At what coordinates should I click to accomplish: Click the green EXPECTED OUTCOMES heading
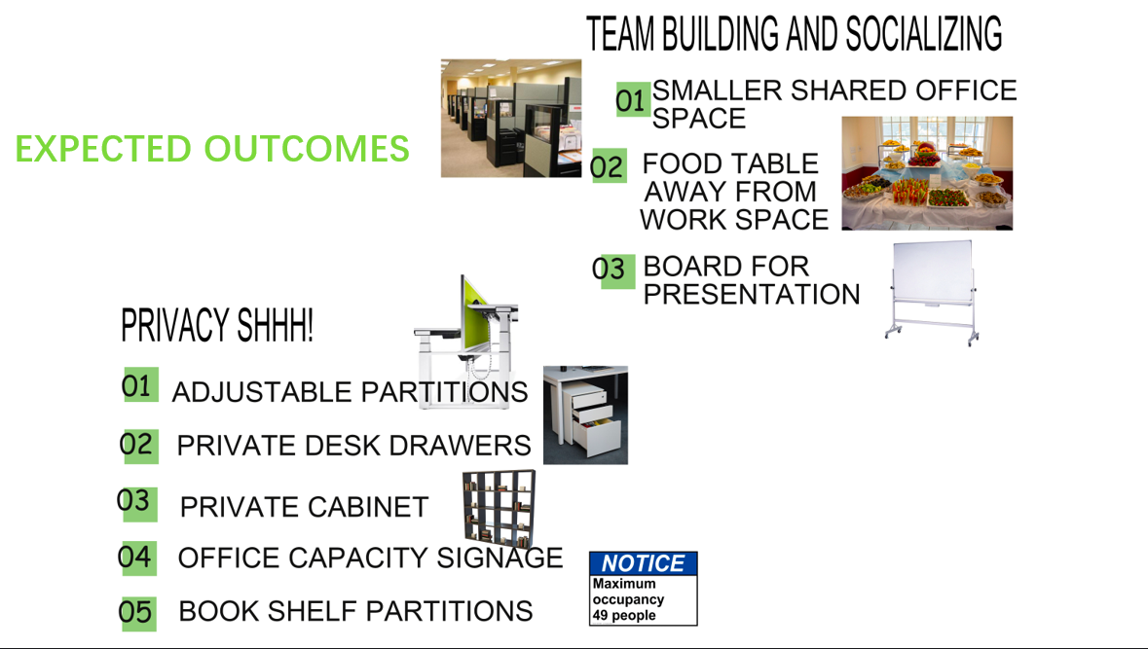(x=212, y=149)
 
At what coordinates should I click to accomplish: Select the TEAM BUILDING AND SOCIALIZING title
(x=795, y=34)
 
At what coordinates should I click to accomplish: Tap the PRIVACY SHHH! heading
(x=217, y=325)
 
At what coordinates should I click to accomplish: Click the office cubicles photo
(x=511, y=119)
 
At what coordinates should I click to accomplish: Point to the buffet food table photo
(x=927, y=173)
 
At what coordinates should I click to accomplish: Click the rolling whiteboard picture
(x=932, y=292)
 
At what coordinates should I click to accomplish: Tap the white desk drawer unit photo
(x=585, y=415)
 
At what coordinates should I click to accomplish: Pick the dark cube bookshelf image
(x=499, y=508)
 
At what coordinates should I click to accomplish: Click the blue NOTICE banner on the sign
(x=644, y=563)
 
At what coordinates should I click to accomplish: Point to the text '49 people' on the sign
(x=624, y=615)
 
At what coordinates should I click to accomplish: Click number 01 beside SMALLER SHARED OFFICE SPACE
(x=632, y=100)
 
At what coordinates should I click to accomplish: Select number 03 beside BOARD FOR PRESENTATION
(x=610, y=270)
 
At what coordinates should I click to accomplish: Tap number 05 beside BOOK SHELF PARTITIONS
(x=136, y=612)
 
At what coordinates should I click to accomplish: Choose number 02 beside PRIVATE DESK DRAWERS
(x=137, y=445)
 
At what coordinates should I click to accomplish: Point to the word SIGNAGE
(x=500, y=558)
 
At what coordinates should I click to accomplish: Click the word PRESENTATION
(x=752, y=294)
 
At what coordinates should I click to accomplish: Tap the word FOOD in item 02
(x=679, y=163)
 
